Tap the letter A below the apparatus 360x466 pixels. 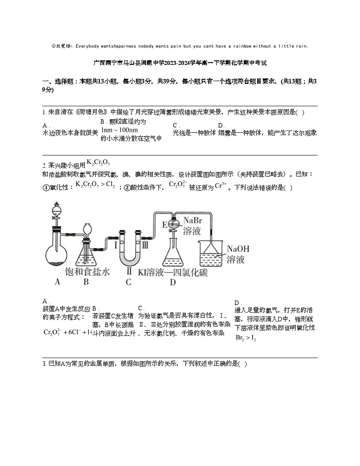[x=58, y=282]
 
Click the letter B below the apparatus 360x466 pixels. [x=86, y=282]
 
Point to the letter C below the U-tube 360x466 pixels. [x=128, y=282]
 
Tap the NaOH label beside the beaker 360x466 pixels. [x=238, y=249]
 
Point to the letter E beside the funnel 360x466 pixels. [x=165, y=224]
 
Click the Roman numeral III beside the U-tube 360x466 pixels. [x=144, y=245]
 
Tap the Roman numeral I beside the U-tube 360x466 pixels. [x=116, y=245]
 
